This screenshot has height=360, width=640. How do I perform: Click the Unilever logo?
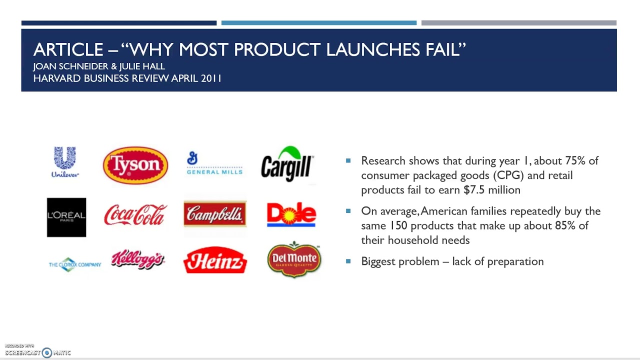(x=65, y=162)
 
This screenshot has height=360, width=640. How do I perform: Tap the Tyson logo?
(x=135, y=165)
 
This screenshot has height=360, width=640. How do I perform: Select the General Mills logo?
(x=214, y=164)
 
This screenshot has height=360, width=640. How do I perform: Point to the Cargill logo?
(x=287, y=164)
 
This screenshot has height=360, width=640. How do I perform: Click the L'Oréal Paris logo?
(x=66, y=217)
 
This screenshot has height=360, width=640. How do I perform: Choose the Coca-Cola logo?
(x=135, y=215)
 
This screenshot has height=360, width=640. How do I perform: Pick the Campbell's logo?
(x=215, y=214)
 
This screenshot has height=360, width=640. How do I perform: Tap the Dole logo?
(x=291, y=214)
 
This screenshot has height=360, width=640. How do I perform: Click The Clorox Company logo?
(x=75, y=264)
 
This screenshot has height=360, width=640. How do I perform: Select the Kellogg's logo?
(x=137, y=259)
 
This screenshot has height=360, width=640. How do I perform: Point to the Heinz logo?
(x=215, y=260)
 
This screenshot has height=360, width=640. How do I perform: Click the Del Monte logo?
(x=294, y=259)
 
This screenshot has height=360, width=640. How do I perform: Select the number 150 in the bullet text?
(x=398, y=225)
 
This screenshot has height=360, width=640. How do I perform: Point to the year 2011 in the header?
(x=211, y=78)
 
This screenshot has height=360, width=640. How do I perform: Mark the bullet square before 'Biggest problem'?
(x=348, y=261)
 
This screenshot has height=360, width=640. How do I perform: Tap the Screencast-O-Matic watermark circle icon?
(x=47, y=352)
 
